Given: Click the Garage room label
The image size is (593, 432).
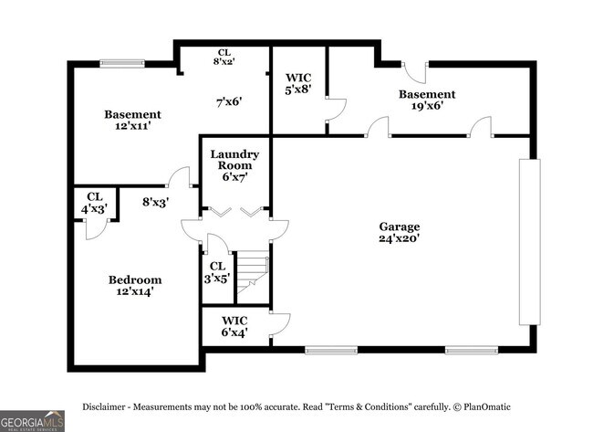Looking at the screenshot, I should [x=400, y=232].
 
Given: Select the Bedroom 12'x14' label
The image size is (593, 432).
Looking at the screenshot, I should [x=135, y=286].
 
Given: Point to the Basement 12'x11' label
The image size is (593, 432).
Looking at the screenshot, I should [x=132, y=121].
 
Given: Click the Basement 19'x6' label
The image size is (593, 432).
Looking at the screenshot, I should [x=426, y=100].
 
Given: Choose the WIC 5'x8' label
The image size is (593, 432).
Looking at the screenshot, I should [x=299, y=84].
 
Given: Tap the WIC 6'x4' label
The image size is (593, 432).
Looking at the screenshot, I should [x=234, y=327].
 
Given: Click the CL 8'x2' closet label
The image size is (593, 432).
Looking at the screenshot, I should [x=224, y=58].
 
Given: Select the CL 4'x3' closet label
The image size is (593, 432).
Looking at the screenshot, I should [x=96, y=203].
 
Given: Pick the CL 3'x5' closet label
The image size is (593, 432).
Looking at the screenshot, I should [x=217, y=273].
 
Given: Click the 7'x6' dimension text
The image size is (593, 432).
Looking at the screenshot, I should [x=228, y=102].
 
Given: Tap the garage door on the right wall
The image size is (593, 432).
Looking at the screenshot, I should [x=529, y=241].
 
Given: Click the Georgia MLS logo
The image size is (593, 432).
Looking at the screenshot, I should [x=32, y=420].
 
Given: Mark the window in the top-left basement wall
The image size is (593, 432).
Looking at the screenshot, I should [x=121, y=63].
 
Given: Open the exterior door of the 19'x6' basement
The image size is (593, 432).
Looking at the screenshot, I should [x=415, y=70].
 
